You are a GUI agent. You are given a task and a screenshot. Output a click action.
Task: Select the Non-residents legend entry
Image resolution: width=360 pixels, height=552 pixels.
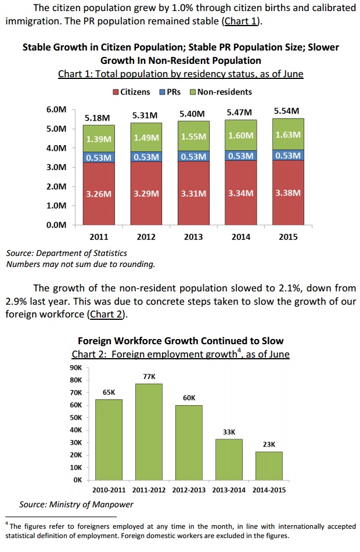coord(224,92)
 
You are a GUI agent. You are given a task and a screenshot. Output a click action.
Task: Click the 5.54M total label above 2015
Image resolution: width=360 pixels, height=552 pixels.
coord(286,110)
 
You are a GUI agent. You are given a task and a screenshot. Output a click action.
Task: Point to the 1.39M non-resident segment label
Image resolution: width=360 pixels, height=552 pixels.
coord(98,139)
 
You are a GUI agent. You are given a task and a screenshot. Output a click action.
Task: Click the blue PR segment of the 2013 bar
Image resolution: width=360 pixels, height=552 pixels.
coord(193,156)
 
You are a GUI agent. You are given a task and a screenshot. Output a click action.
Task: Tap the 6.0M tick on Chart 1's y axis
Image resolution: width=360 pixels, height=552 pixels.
coord(56,109)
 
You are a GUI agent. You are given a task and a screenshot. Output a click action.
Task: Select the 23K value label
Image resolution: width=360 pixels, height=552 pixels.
coord(269,444)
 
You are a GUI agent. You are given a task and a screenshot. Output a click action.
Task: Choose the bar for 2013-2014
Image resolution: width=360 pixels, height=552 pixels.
coord(229,459)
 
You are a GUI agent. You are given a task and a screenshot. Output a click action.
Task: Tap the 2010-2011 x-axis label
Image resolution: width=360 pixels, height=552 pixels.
coord(108,490)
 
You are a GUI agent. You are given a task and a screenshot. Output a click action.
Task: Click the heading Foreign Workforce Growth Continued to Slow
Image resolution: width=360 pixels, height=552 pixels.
coord(181,341)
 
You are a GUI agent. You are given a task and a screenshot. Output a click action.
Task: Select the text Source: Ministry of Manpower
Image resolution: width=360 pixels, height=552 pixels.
coord(76,504)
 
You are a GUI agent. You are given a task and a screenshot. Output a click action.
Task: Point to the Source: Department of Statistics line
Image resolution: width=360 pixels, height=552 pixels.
coord(66,253)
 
